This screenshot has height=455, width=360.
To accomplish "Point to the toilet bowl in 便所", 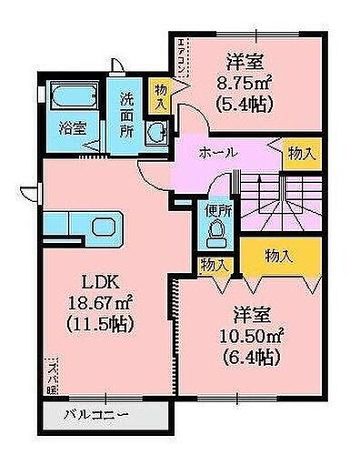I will point(215,236).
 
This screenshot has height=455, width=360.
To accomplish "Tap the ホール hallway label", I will point(219,153).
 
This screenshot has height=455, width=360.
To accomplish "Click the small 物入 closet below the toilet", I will point(215,265).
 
